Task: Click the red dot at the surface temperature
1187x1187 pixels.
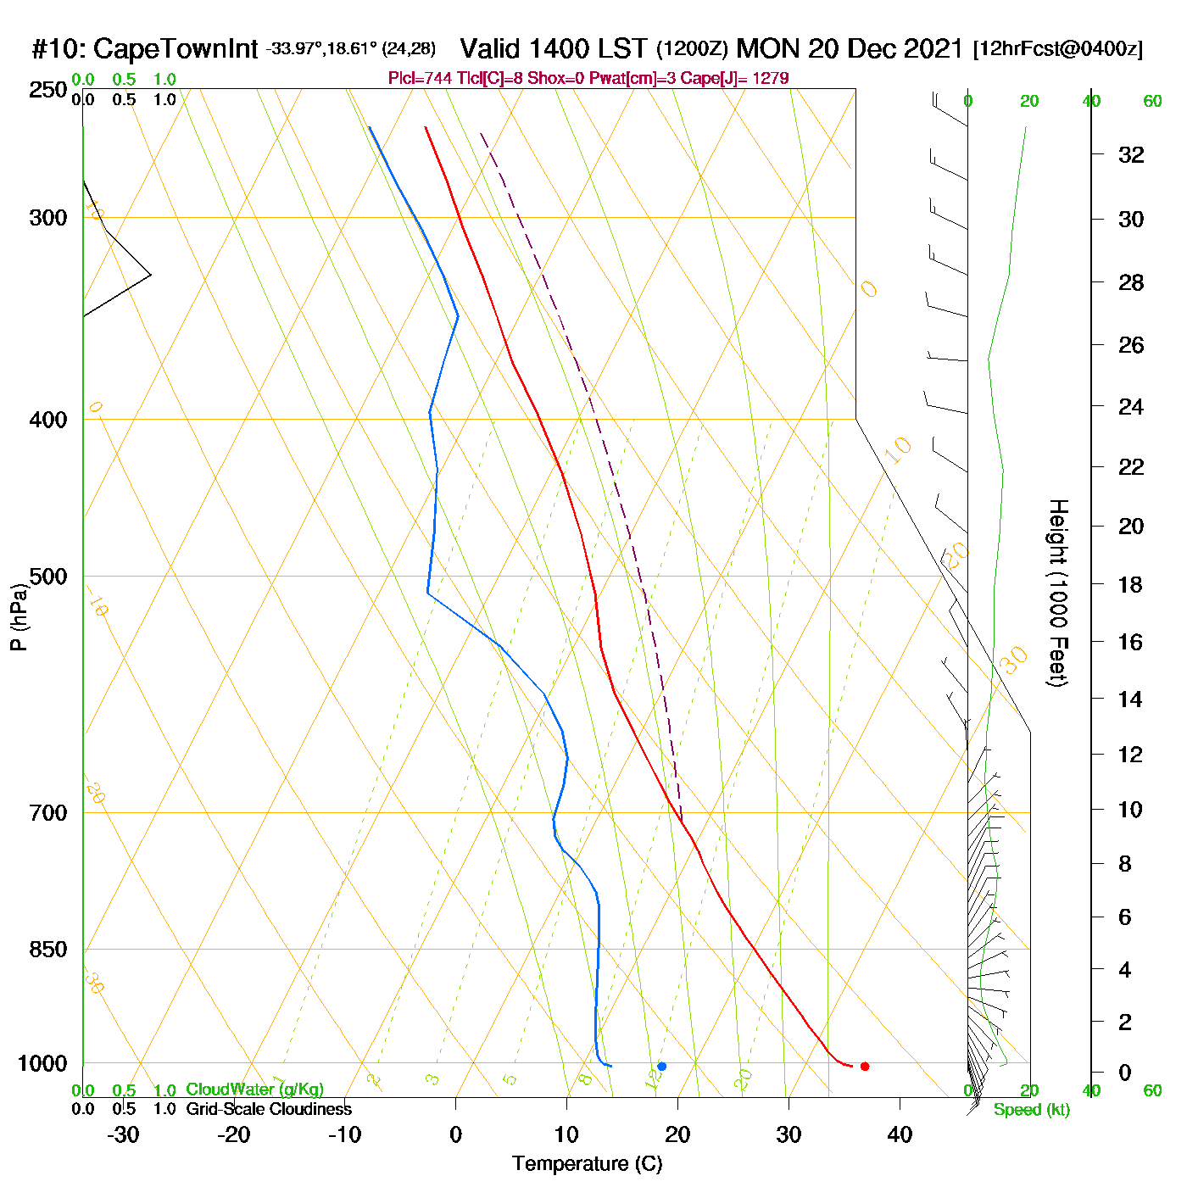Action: coord(864,1066)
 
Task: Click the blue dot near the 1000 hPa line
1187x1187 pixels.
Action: coord(661,1066)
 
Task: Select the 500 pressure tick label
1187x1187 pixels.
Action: coord(48,577)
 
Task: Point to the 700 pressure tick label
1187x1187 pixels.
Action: coord(48,813)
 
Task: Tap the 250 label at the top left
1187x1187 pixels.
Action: coord(48,90)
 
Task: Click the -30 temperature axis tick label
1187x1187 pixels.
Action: coord(123,1134)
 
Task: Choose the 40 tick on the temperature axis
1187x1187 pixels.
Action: coord(900,1134)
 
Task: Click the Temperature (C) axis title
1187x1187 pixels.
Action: coord(587,1164)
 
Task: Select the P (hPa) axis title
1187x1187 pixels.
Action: coord(18,617)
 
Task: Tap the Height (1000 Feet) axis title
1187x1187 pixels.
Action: coord(1058,593)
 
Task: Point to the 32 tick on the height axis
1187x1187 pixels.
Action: coord(1131,154)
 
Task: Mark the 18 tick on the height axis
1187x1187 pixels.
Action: coord(1131,584)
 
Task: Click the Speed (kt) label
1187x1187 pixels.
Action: coord(1032,1110)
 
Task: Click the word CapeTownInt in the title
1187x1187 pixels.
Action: coord(176,48)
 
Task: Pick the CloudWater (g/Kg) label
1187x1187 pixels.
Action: coord(254,1089)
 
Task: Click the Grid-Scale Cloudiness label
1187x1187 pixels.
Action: coord(269,1109)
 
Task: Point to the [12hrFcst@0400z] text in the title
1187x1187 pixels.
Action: coord(1058,48)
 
